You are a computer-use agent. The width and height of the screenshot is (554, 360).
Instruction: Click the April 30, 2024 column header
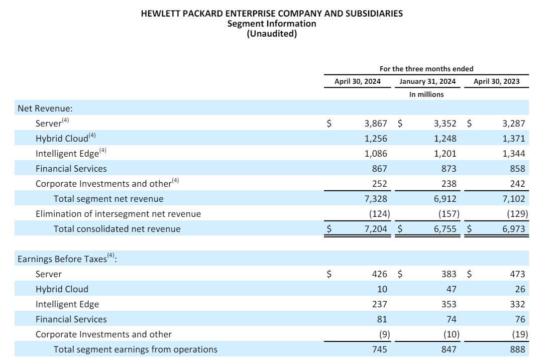pos(357,81)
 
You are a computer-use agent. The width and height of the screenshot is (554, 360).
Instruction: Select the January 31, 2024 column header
pos(427,81)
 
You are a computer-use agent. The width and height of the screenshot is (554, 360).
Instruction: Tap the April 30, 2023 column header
pos(496,81)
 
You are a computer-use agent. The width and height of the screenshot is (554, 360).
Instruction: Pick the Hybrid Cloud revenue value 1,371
pos(514,139)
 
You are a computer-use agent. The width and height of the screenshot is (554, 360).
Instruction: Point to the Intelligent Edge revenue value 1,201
pos(445,154)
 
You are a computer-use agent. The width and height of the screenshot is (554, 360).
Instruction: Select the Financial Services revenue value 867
pos(379,169)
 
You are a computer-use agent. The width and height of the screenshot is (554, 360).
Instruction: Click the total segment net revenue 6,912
pos(445,199)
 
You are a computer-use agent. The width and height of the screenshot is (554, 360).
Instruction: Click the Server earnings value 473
pos(517,274)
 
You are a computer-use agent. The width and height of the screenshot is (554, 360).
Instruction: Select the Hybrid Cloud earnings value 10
pos(382,289)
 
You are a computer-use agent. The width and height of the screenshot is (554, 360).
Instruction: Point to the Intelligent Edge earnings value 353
pos(449,304)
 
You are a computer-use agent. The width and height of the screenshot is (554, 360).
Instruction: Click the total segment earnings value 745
pos(379,349)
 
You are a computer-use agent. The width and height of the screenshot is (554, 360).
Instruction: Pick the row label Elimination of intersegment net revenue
pos(118,214)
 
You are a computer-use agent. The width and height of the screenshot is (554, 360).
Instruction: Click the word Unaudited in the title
pos(272,34)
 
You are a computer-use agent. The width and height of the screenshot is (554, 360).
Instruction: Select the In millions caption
pos(426,94)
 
